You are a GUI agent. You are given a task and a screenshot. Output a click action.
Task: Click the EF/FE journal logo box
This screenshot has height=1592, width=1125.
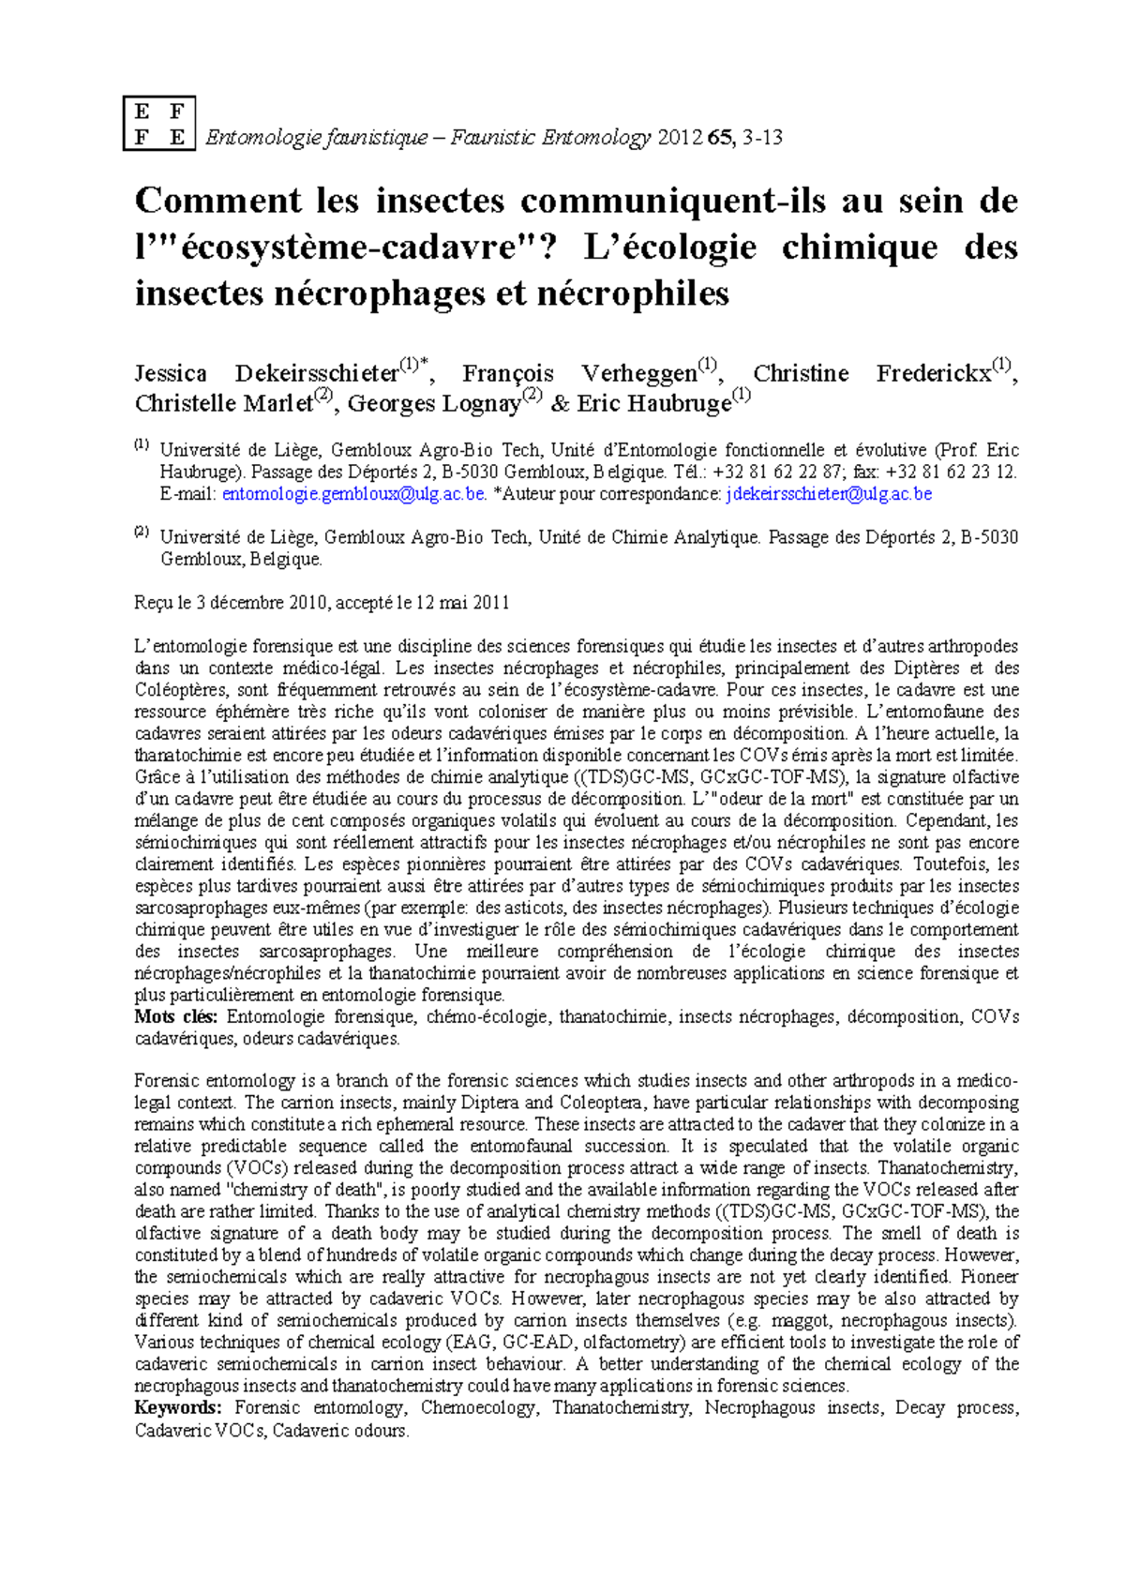(x=159, y=123)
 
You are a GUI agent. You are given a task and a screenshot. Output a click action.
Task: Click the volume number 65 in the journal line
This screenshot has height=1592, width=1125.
(x=719, y=139)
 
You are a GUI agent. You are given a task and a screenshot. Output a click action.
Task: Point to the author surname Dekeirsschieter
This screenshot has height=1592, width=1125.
(x=317, y=374)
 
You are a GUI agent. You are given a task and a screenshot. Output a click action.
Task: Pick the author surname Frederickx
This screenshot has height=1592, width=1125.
(x=934, y=374)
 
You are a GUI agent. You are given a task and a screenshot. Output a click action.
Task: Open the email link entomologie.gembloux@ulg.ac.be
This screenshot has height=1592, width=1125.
(x=353, y=494)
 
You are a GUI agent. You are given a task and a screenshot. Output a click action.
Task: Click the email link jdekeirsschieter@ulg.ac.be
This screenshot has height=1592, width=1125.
(x=829, y=494)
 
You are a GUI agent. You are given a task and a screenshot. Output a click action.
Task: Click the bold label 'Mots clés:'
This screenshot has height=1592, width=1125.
(x=176, y=1017)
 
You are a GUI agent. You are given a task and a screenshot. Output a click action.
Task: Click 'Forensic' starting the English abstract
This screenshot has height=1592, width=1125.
(x=168, y=1081)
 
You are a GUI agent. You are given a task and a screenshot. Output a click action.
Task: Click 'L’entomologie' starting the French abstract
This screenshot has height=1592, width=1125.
(x=187, y=647)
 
